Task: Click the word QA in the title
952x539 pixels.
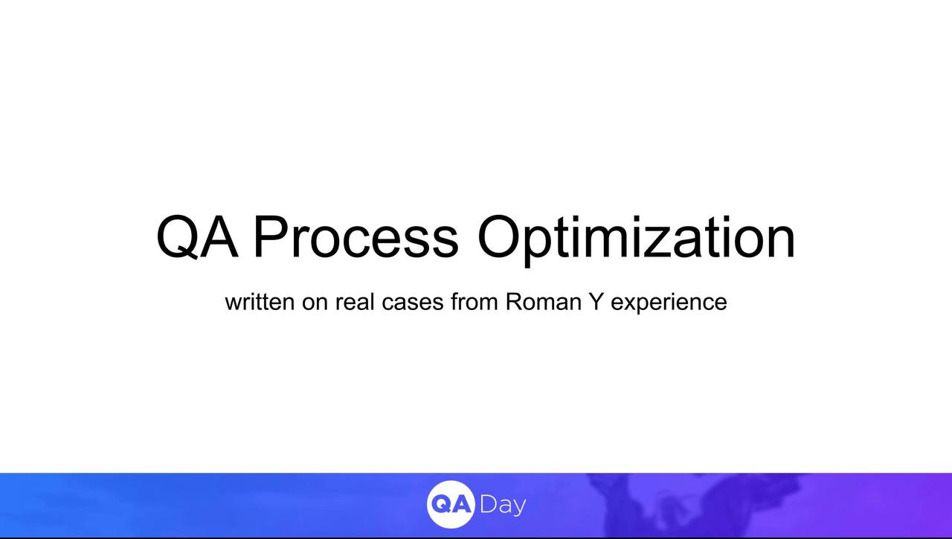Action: (197, 236)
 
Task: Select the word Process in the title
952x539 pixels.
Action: (356, 236)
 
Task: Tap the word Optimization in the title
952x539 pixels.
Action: (636, 240)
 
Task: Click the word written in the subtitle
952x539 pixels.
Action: (260, 302)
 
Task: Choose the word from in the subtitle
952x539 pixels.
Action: (475, 302)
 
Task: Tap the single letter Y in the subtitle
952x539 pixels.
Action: (596, 302)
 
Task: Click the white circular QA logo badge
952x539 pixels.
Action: (451, 505)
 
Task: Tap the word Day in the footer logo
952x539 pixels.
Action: (503, 506)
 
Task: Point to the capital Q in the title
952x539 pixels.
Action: (178, 236)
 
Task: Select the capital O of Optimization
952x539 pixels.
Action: (499, 236)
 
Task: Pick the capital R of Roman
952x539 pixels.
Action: (515, 302)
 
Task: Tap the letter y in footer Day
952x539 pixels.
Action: (519, 509)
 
